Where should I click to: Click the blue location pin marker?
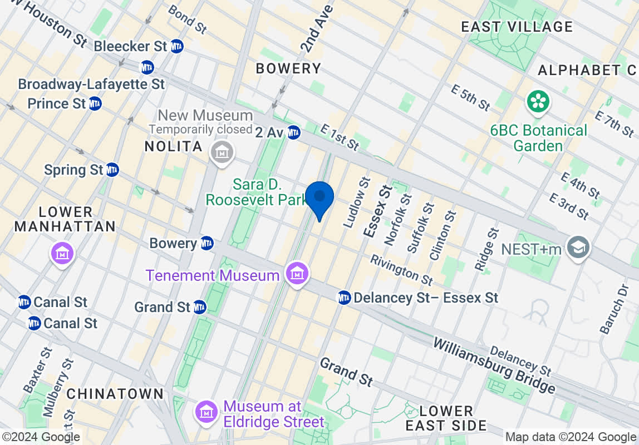tap(319, 199)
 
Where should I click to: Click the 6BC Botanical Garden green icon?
tap(538, 101)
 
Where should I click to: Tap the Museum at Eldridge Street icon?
tap(207, 412)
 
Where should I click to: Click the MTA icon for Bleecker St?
tap(177, 46)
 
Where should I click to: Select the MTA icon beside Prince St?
tap(95, 103)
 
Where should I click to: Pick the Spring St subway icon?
tap(112, 170)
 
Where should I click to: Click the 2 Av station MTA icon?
tap(294, 132)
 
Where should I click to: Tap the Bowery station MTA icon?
tap(207, 243)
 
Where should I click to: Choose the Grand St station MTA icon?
tap(199, 306)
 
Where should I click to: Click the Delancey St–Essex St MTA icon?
tap(344, 298)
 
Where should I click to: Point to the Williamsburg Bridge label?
tap(494, 364)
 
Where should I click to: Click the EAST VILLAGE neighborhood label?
tap(517, 27)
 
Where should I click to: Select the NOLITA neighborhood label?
tap(173, 147)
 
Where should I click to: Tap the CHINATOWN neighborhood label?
tap(115, 394)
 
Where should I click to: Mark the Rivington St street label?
tap(401, 270)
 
